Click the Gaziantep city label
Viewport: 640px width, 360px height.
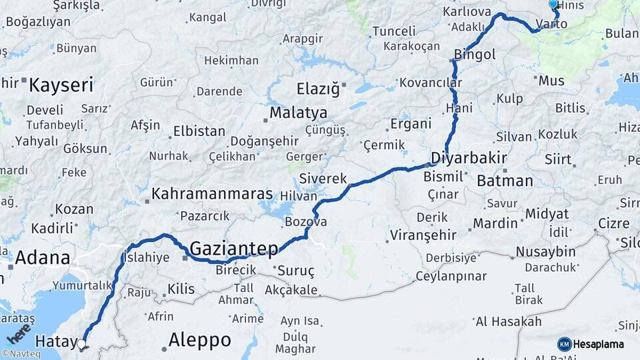click(x=233, y=249)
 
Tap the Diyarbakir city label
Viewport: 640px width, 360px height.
click(x=469, y=159)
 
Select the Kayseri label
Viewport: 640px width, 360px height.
click(x=61, y=85)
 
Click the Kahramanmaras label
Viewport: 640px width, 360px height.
click(x=212, y=194)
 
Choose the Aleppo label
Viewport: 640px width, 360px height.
click(x=199, y=340)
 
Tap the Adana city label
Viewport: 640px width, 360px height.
click(x=42, y=257)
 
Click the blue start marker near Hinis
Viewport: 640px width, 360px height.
click(x=553, y=5)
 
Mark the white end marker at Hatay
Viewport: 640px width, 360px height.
click(x=81, y=345)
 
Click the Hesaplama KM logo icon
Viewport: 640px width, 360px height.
click(x=564, y=344)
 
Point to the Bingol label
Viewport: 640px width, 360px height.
click(x=474, y=55)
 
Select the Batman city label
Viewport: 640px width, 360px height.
click(x=505, y=181)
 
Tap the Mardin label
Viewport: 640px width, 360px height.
click(x=495, y=223)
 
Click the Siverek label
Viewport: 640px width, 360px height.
click(x=323, y=179)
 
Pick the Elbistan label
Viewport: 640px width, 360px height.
click(x=199, y=131)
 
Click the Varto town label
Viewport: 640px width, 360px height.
click(x=551, y=24)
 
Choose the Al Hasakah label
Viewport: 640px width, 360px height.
click(x=508, y=321)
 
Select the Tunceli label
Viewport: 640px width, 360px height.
click(x=393, y=31)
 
